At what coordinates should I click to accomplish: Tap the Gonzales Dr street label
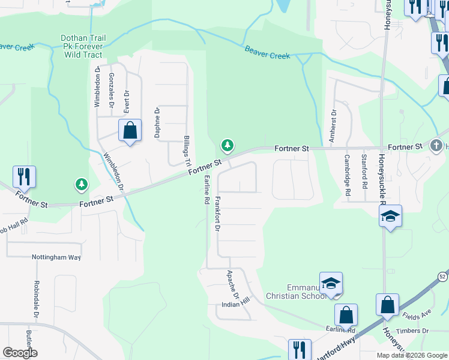point(112,90)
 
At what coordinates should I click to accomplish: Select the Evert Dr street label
point(127,101)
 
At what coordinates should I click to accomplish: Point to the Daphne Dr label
point(157,122)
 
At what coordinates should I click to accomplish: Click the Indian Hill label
point(235,304)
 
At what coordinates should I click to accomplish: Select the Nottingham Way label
point(56,257)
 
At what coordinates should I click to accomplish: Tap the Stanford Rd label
point(364,172)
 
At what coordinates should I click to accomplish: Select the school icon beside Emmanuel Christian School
point(331,284)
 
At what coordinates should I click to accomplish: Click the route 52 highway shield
point(442,277)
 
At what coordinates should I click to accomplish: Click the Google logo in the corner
point(20,353)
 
